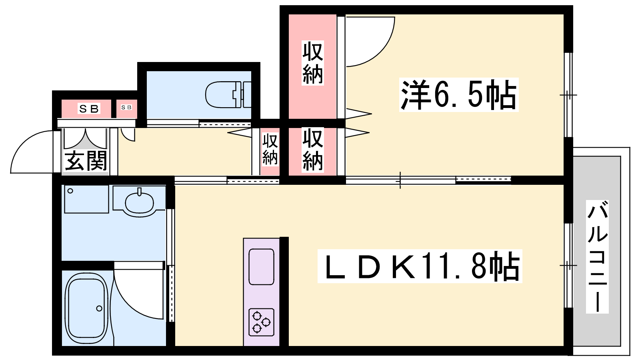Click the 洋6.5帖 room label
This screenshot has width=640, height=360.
pyautogui.click(x=458, y=94)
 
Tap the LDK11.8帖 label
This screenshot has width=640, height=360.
pyautogui.click(x=420, y=266)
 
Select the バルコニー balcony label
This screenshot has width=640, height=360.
pyautogui.click(x=597, y=256)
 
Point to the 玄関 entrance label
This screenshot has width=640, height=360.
pyautogui.click(x=86, y=161)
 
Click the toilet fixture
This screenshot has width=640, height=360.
pyautogui.click(x=228, y=94)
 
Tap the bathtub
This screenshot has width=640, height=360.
pyautogui.click(x=86, y=309)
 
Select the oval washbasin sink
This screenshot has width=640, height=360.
pyautogui.click(x=140, y=202)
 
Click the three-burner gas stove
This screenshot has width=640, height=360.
pyautogui.click(x=261, y=322)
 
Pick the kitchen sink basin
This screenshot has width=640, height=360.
pyautogui.click(x=262, y=267)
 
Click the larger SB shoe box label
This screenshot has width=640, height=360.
pyautogui.click(x=89, y=108)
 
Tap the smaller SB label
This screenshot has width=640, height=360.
pyautogui.click(x=126, y=107)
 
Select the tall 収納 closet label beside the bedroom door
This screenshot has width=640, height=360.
pyautogui.click(x=312, y=63)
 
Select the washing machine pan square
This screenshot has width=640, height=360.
pyautogui.click(x=86, y=199)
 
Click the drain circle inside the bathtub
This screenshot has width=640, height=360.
pyautogui.click(x=99, y=308)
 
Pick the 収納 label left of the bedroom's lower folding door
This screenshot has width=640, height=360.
pyautogui.click(x=312, y=150)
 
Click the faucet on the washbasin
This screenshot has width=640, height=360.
pyautogui.click(x=140, y=192)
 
